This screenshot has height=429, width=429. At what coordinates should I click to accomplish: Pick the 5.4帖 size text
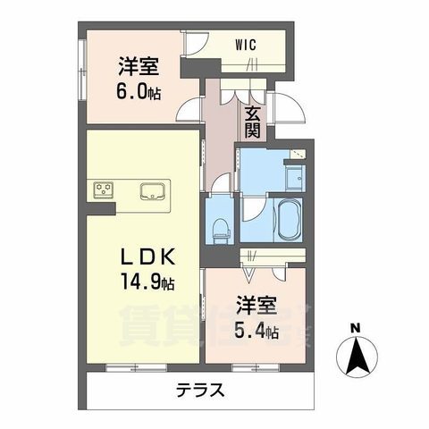coord(257,332)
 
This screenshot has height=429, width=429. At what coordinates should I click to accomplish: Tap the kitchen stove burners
coord(104,189)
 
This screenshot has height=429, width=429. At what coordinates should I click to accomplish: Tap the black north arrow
coord(355,358)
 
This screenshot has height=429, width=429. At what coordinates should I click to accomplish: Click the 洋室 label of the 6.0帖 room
coord(138,64)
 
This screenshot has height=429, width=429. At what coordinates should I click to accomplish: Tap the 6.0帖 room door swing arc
coord(188,112)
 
